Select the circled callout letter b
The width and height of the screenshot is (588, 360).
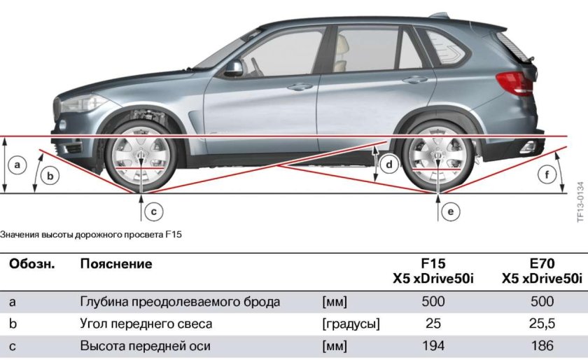(x=48, y=176)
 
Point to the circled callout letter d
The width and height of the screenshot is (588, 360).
(x=389, y=165)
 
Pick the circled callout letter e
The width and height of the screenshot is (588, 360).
(x=450, y=210)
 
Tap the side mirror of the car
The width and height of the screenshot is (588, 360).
(x=232, y=68)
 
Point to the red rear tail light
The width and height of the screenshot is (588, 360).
(x=515, y=83)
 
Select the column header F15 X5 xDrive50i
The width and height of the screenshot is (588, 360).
(x=433, y=271)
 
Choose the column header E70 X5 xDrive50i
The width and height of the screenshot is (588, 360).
(x=542, y=271)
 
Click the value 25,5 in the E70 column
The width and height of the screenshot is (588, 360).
(x=542, y=324)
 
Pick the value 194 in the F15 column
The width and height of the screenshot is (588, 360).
(x=433, y=345)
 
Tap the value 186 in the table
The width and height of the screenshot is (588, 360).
(x=542, y=345)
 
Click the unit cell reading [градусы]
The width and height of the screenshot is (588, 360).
(x=351, y=324)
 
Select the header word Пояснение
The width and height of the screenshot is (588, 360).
(x=116, y=264)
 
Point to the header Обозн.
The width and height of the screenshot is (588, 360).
(x=31, y=264)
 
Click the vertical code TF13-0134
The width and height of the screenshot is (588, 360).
(x=580, y=202)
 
